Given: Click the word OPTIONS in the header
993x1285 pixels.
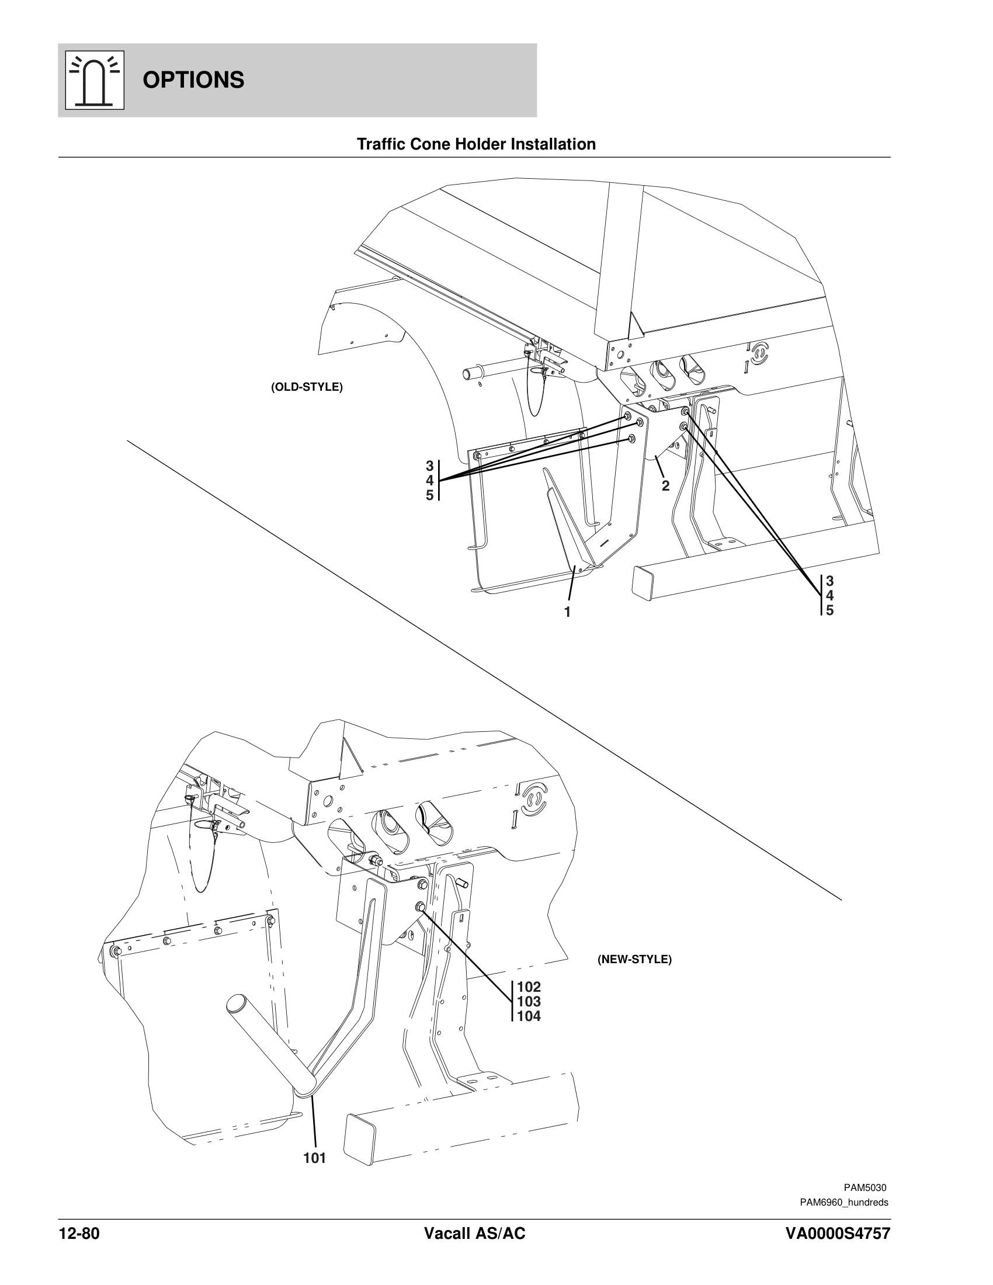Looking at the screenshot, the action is tap(193, 80).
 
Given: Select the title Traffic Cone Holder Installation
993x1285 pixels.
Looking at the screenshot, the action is tap(477, 144).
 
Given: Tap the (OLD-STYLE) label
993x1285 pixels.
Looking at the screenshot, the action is tap(307, 387).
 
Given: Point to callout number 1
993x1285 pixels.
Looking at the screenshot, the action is tap(568, 613).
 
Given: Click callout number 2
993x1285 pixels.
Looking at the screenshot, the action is tap(665, 486).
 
